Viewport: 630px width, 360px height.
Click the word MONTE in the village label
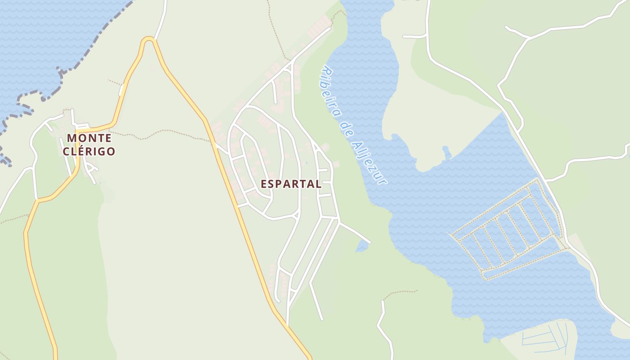89,138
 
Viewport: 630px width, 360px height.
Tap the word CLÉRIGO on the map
89,152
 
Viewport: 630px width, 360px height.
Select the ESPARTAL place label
291,184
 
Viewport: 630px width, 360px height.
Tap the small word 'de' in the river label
346,127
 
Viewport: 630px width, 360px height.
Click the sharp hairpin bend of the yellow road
148,40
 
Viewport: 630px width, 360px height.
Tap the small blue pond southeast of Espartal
361,246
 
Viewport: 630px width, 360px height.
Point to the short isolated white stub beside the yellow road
121,90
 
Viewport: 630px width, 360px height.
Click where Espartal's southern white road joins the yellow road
287,324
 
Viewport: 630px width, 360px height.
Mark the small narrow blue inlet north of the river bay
446,153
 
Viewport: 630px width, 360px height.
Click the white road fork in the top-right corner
527,39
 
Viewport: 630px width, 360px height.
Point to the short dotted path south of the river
398,293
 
